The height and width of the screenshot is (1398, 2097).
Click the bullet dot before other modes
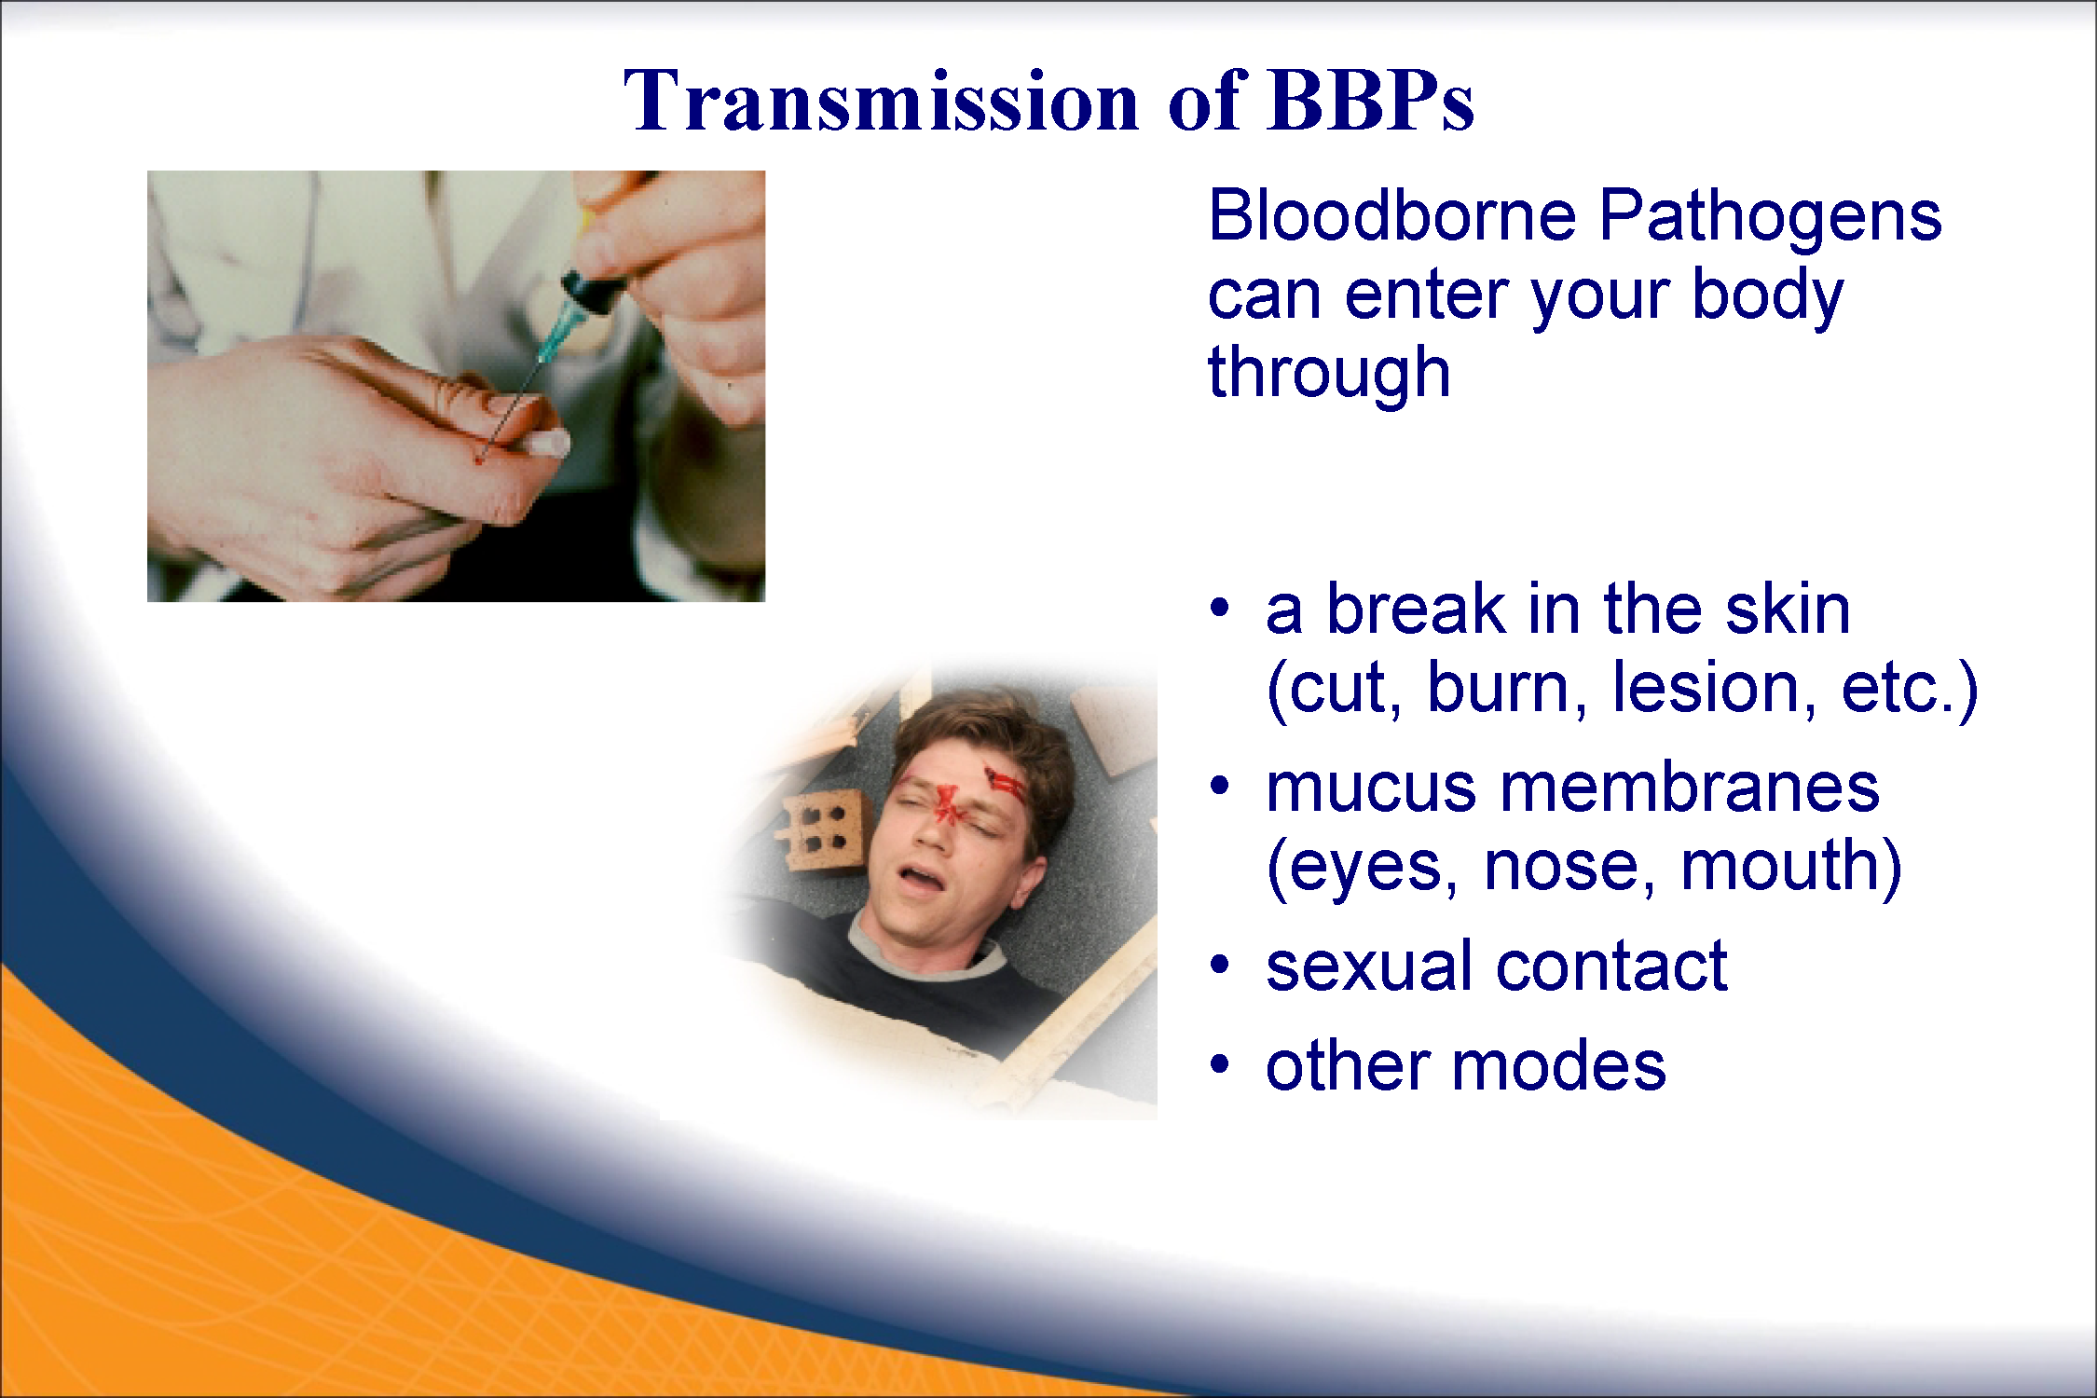click(x=1220, y=1064)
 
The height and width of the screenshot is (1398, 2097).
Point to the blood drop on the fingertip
click(x=480, y=458)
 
